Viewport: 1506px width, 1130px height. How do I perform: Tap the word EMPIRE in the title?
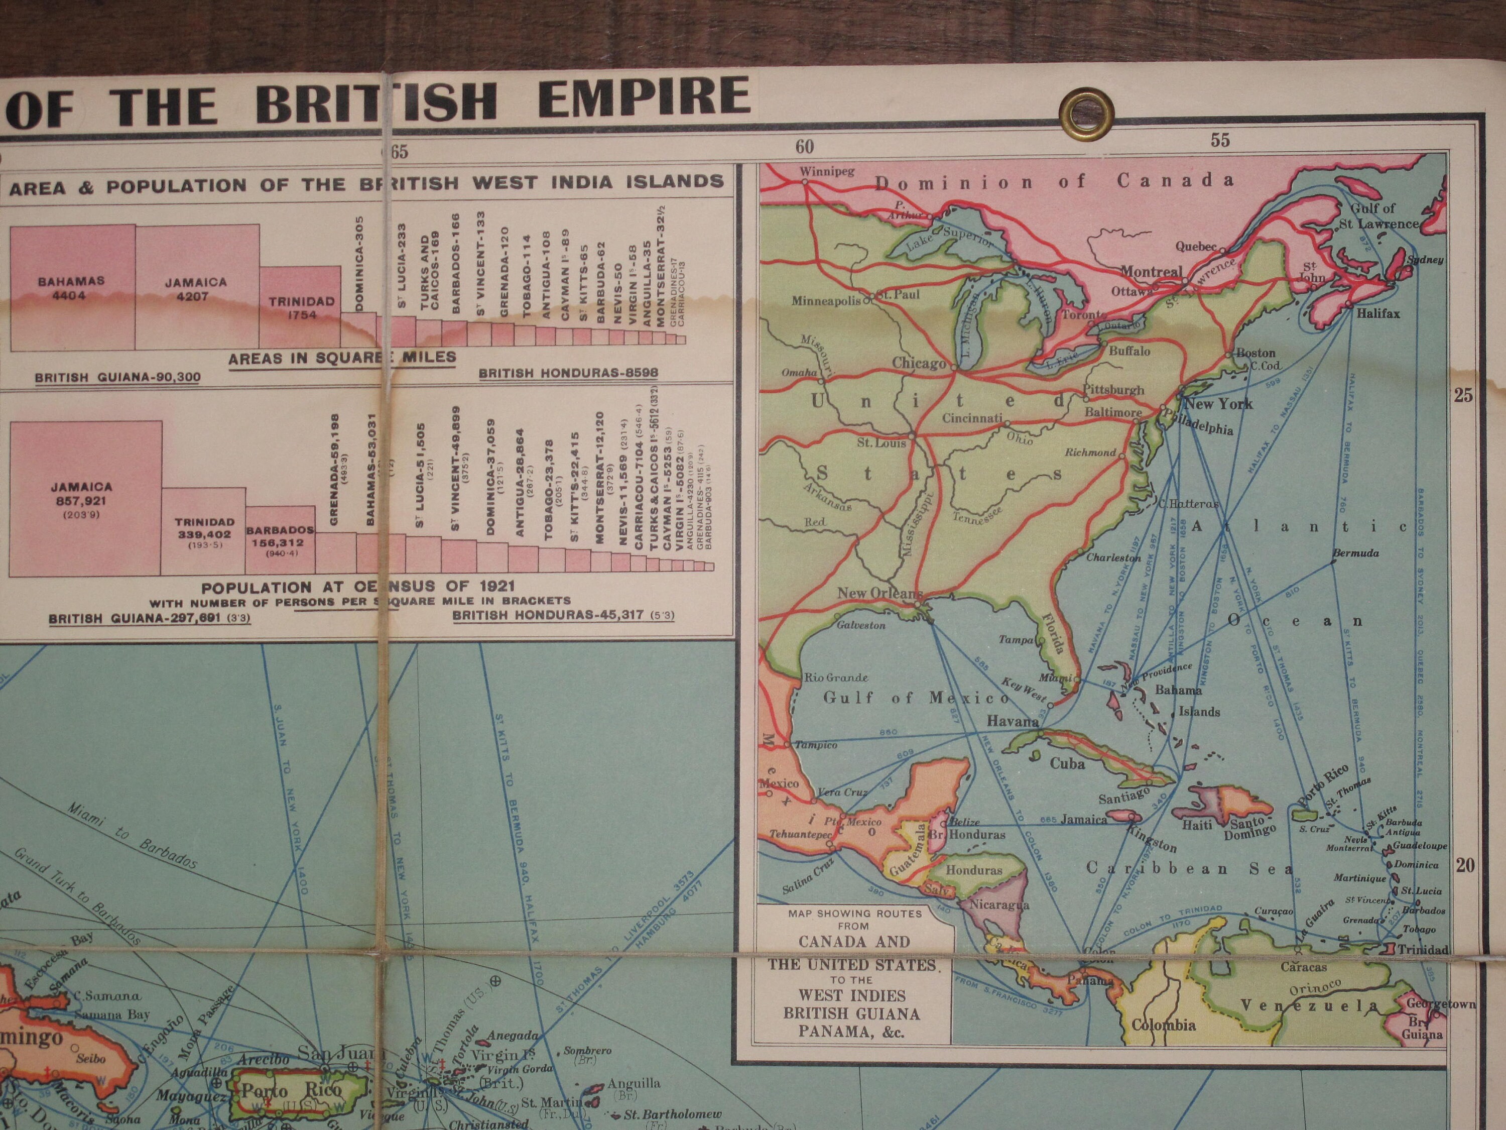click(x=644, y=97)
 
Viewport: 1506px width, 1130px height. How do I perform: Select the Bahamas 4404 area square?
click(x=72, y=287)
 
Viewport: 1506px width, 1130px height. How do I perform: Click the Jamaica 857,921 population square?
click(x=86, y=499)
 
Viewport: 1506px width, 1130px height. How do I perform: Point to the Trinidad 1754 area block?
click(x=300, y=308)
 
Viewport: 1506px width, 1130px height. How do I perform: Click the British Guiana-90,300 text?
click(x=117, y=377)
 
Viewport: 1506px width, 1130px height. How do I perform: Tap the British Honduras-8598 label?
click(x=568, y=373)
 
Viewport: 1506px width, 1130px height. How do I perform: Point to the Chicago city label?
click(x=919, y=363)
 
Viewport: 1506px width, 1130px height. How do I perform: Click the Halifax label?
click(x=1378, y=313)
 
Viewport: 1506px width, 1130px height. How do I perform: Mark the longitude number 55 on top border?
click(x=1220, y=140)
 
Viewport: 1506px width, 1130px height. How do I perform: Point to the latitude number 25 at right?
click(x=1463, y=396)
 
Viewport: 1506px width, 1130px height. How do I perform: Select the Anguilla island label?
click(x=634, y=1083)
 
